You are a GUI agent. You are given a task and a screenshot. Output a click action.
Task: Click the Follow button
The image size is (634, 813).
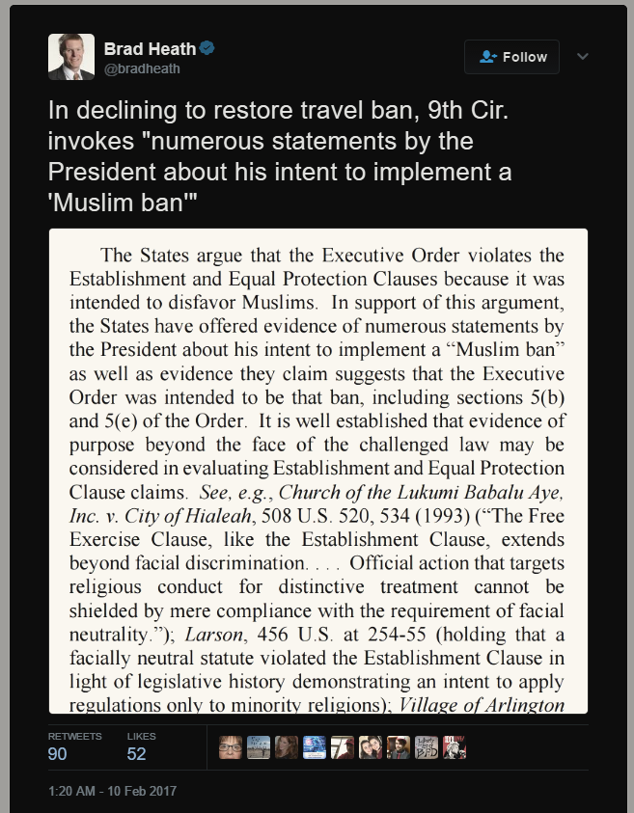pos(512,57)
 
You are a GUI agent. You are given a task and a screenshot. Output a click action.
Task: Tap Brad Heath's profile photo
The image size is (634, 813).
pos(71,57)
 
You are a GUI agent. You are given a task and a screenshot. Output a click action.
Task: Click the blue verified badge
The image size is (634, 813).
pos(207,48)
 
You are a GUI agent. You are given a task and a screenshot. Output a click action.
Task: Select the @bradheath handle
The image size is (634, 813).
pos(142,68)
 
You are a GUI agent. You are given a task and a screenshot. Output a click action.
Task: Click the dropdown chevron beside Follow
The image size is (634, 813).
pos(583,57)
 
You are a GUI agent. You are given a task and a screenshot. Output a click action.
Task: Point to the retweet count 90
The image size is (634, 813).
pos(58,754)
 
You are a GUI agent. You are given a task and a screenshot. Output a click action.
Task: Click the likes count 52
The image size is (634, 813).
pos(137,754)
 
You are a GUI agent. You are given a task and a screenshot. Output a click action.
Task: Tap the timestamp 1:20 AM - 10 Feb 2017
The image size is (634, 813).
pos(112,792)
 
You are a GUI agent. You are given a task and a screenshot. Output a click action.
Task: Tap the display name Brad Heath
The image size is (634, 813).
pos(150,48)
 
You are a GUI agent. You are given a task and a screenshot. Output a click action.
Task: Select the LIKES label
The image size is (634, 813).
pos(141,736)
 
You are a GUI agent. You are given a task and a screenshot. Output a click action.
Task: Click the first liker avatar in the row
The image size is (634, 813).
pos(231,747)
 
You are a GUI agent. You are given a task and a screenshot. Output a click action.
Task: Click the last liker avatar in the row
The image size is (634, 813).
pos(455,747)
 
